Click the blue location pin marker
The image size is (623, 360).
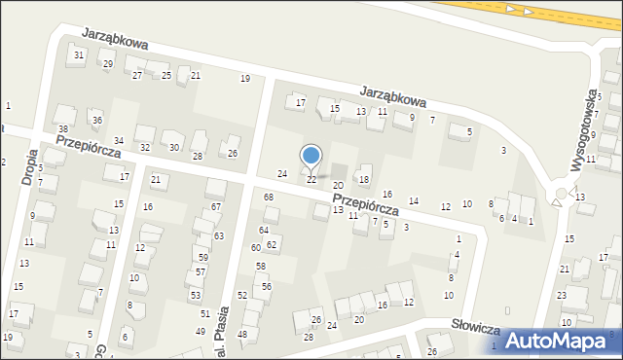[311, 156]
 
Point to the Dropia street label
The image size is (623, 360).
[29, 166]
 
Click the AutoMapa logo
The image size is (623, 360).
[559, 341]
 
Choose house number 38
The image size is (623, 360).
[62, 129]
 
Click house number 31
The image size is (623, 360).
[79, 54]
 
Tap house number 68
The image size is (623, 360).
[269, 198]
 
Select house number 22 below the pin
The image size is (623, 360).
[311, 180]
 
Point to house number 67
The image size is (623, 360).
[216, 207]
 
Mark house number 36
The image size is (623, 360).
[96, 121]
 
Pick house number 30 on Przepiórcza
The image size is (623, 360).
[174, 148]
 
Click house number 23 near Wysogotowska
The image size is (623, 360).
[562, 295]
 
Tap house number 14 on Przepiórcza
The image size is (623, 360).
[414, 201]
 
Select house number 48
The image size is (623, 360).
[242, 334]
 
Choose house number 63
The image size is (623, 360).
[219, 236]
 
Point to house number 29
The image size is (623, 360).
[108, 64]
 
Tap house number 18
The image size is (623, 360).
[364, 179]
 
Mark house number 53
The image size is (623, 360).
[196, 295]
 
